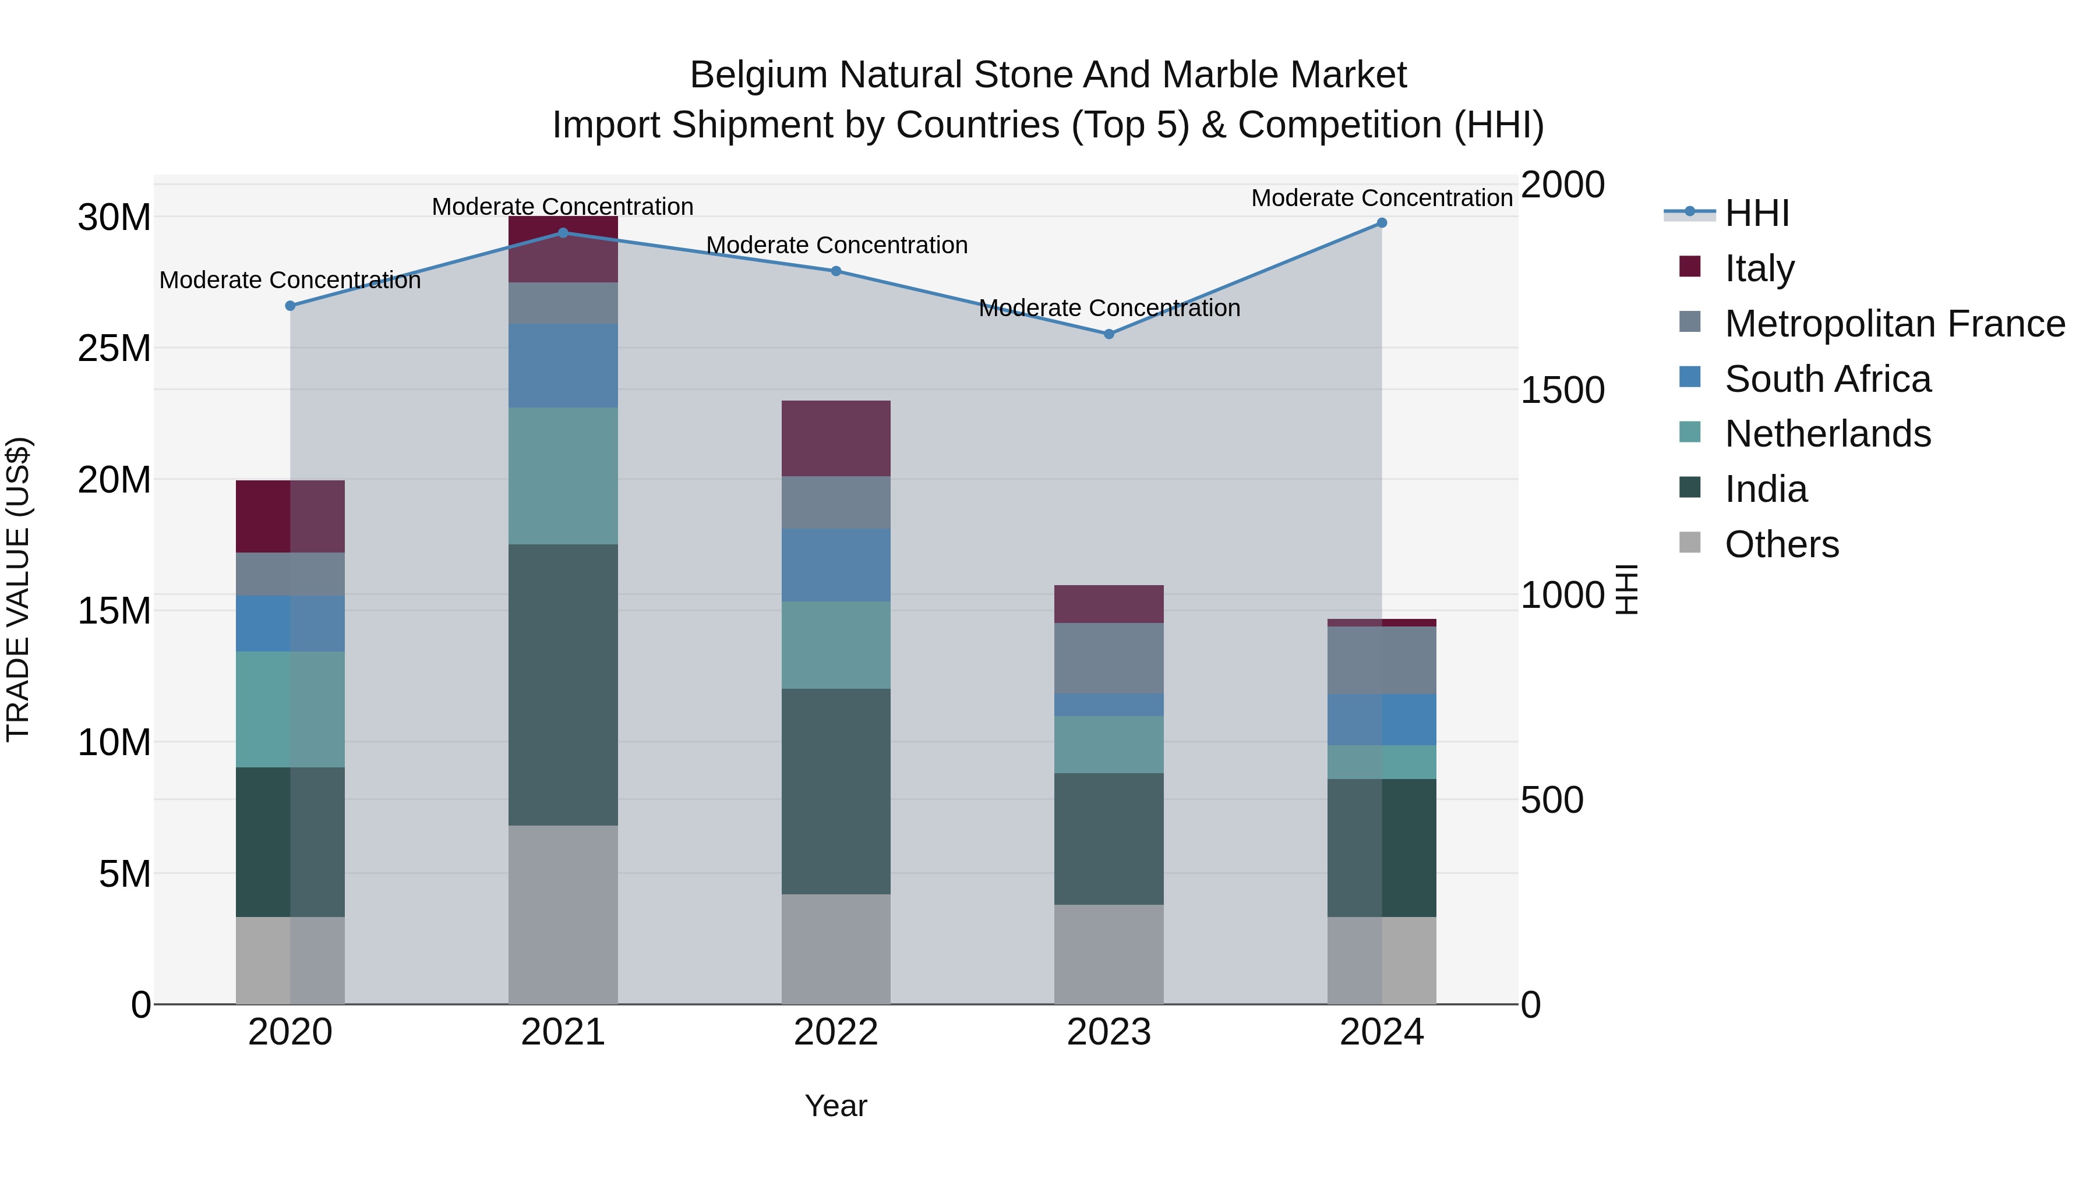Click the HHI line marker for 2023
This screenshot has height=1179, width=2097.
tap(1108, 334)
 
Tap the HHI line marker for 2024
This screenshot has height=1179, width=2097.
tap(1382, 223)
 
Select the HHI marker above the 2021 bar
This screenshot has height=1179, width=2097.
tap(563, 233)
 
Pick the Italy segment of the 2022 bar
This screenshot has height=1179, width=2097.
tap(836, 438)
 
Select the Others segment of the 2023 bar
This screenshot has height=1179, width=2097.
tap(1108, 954)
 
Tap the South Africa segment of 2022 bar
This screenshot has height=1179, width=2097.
tap(836, 565)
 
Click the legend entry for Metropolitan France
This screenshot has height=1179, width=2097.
tap(1894, 323)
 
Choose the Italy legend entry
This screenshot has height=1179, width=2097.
tap(1759, 268)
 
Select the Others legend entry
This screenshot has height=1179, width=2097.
tap(1781, 544)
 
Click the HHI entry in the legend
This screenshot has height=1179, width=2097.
tap(1757, 213)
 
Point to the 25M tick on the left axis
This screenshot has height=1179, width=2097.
tap(114, 348)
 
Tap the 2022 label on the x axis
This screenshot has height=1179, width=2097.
tap(836, 1032)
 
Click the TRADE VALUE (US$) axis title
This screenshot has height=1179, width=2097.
tap(18, 589)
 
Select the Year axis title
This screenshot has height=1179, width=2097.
tap(836, 1106)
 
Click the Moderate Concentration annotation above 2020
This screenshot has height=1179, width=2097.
tap(290, 280)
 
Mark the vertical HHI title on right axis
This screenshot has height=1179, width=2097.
tap(1626, 589)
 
